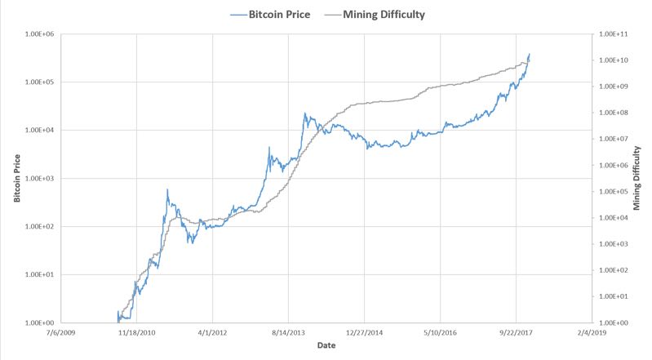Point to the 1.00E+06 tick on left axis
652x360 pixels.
click(38, 34)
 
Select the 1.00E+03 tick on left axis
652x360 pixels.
click(38, 179)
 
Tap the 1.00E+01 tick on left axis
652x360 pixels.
click(38, 275)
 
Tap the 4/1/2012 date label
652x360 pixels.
click(213, 333)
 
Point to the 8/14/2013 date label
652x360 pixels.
click(289, 333)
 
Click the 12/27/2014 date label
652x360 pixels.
click(365, 333)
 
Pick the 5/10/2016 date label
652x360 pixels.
click(441, 333)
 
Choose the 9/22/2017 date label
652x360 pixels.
click(516, 333)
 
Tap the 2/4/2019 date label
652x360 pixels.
click(592, 333)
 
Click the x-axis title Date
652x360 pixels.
click(326, 347)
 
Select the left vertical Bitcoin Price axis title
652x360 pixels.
click(16, 179)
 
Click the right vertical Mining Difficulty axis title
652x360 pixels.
click(639, 179)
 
